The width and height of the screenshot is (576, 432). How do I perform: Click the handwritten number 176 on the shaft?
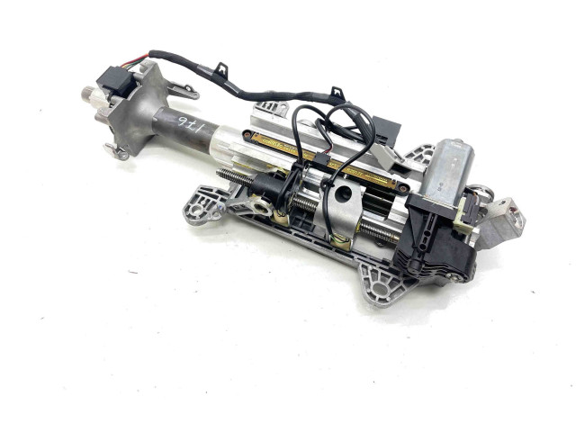(191, 130)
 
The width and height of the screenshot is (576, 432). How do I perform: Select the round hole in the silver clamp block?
(344, 193)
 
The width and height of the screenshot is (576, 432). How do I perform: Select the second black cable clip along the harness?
(336, 93)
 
